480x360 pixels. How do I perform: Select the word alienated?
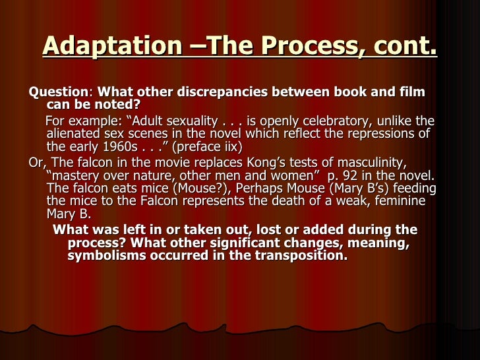click(73, 134)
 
